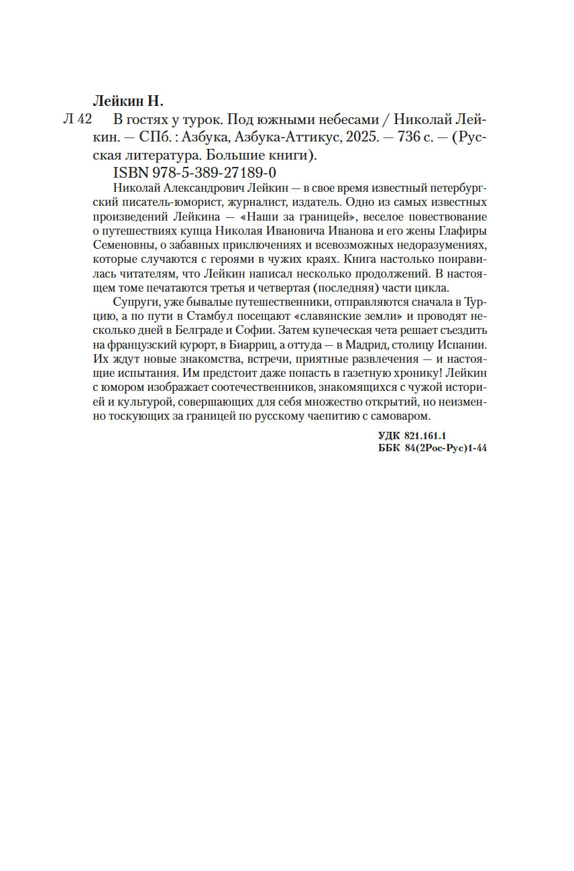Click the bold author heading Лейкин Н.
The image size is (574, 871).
coord(127,101)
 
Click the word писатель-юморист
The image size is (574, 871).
coord(151,200)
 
